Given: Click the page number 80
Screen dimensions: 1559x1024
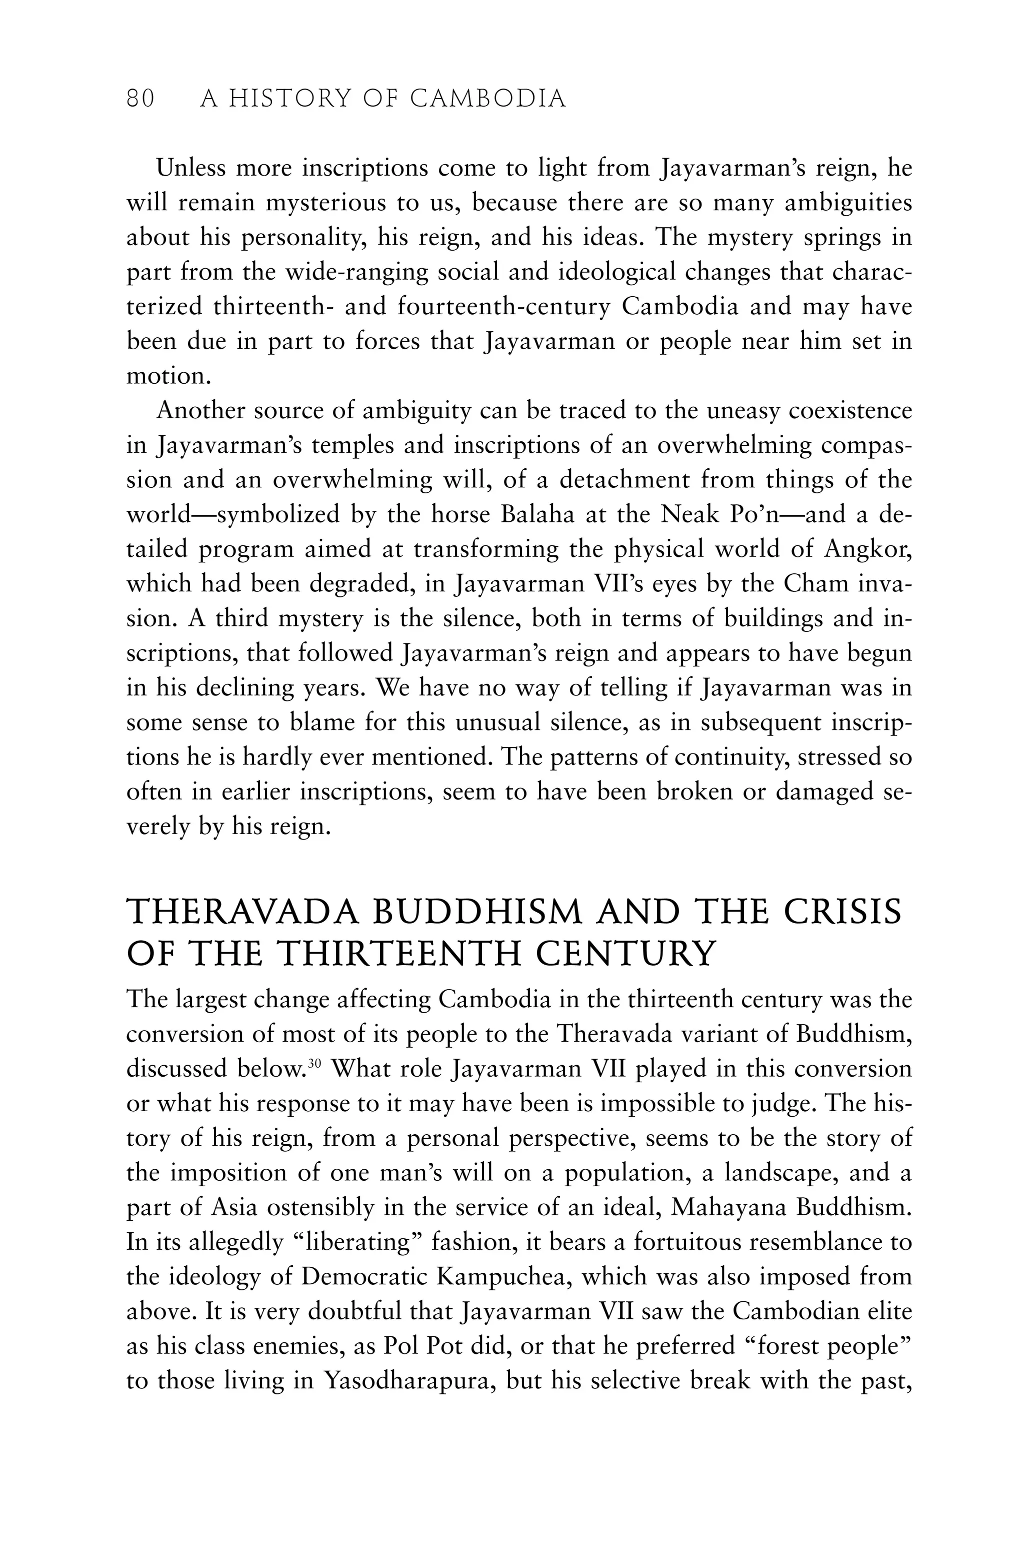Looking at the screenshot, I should [140, 99].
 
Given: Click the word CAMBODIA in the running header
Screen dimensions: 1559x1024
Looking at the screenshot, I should [488, 99].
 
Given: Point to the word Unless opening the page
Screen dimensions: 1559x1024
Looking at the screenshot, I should [190, 169].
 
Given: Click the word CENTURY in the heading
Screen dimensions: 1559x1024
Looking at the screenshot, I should [626, 955].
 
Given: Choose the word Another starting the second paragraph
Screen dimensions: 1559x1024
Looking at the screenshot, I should [199, 411].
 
